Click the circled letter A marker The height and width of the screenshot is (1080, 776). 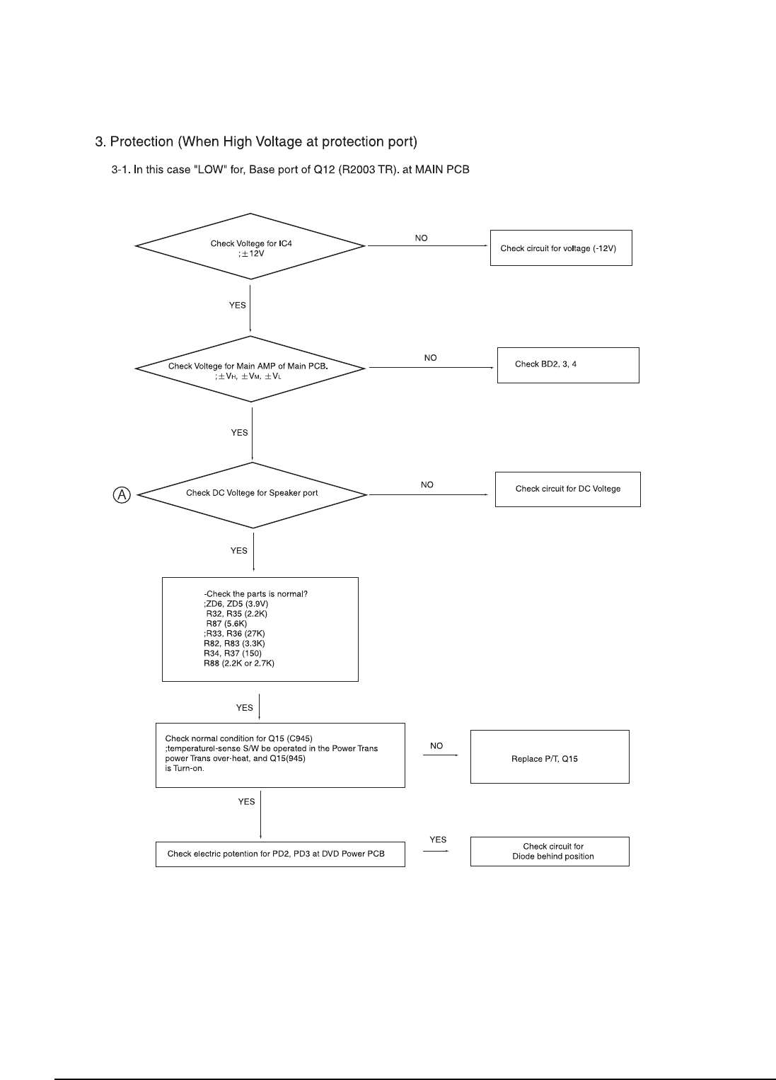click(122, 494)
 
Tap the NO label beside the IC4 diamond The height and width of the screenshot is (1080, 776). click(421, 238)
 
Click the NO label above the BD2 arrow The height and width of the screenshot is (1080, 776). click(430, 358)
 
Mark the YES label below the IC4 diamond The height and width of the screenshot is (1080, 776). click(237, 306)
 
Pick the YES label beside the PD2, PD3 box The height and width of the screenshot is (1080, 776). click(438, 840)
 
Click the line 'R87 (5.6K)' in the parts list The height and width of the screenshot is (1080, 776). click(226, 623)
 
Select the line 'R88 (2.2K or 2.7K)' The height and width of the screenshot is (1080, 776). click(239, 663)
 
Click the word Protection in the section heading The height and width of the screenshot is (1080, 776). click(141, 141)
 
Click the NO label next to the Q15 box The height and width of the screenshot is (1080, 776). click(436, 746)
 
